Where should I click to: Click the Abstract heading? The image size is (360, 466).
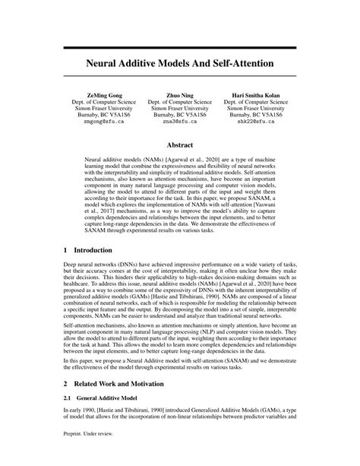click(179, 146)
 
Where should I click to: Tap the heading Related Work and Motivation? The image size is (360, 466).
click(117, 384)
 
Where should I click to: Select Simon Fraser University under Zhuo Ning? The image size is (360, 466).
click(179, 108)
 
